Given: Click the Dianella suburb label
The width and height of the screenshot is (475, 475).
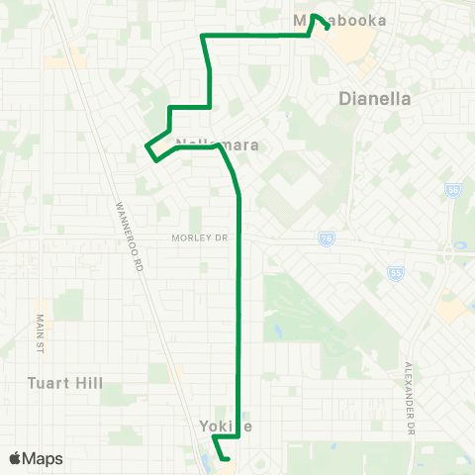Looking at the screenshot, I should pos(375,99).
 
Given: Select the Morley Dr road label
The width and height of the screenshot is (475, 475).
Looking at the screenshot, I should pos(199,237).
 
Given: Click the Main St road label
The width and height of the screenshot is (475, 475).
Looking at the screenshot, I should pos(41,334).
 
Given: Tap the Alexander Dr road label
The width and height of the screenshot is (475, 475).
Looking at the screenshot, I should pos(407,399).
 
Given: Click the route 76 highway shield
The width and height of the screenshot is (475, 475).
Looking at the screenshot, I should pos(326,238).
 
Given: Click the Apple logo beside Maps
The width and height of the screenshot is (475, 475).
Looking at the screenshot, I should pos(16,458).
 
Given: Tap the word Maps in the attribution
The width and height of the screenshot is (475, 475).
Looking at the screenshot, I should pos(43,458).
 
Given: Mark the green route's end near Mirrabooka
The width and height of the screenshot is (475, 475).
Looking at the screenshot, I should pos(328,28).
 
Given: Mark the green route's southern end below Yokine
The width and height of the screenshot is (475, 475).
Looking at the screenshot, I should pos(228,458).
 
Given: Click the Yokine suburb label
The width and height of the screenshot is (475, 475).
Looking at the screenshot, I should pos(221,426).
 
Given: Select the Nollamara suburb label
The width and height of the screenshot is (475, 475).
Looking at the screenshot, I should pos(217,144).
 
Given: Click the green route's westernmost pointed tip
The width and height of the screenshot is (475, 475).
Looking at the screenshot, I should pos(146,146).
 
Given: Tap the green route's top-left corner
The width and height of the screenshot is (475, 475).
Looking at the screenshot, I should pos(202,36).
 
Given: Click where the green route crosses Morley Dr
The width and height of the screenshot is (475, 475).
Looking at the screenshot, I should pos(239,237).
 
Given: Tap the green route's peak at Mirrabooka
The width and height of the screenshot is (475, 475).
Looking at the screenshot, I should pos(314,15).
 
